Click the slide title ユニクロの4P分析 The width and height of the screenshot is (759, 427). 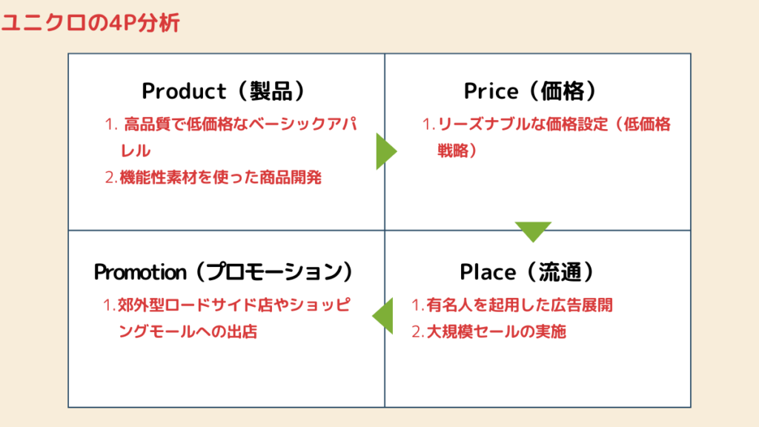click(90, 22)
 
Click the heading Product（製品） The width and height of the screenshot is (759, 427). click(224, 91)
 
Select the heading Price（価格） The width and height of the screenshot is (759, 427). click(530, 91)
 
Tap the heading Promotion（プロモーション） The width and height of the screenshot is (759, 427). click(224, 271)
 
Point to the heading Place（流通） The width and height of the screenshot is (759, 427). click(527, 271)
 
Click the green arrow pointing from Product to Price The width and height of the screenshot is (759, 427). click(385, 151)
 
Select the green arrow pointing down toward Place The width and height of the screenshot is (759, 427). click(533, 231)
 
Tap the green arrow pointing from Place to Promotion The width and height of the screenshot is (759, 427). click(383, 316)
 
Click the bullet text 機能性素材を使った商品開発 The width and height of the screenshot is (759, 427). click(220, 178)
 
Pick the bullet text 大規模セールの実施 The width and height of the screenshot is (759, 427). click(496, 331)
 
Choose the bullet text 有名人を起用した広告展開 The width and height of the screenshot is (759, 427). click(520, 305)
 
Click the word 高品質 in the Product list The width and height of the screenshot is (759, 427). click(148, 125)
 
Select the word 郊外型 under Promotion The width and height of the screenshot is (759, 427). click(141, 305)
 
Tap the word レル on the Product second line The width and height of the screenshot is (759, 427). click(136, 151)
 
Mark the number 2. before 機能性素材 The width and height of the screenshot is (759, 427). click(111, 178)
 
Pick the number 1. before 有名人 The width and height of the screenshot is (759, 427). click(418, 305)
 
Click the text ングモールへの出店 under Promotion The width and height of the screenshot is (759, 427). click(188, 331)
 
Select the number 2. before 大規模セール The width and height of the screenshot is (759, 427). click(418, 331)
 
